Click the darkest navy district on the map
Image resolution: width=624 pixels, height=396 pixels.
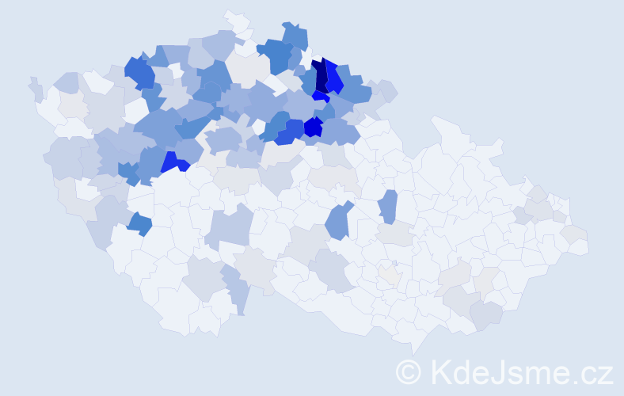coord(320,76)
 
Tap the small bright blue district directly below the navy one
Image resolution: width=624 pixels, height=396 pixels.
coord(320,97)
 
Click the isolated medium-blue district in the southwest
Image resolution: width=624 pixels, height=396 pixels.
coord(139,223)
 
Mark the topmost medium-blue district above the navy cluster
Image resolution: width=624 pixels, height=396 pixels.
coord(295,35)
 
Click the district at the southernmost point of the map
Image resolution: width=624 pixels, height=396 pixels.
coord(415,345)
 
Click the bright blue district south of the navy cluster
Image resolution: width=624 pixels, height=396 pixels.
coord(314,127)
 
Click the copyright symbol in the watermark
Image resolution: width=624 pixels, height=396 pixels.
coord(409,371)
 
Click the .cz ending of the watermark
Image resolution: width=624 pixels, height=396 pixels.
coord(595,371)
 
